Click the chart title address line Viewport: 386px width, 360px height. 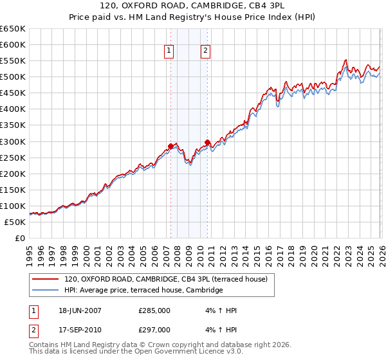click(x=192, y=5)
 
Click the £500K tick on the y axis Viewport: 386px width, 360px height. click(x=13, y=76)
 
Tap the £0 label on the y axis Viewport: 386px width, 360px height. click(x=20, y=238)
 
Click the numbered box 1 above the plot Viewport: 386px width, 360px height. click(x=169, y=51)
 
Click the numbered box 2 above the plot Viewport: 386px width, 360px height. click(x=205, y=51)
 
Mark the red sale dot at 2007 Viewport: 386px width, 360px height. click(x=170, y=146)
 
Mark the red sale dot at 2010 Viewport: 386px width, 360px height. click(x=207, y=142)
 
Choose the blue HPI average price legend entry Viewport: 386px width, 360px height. click(x=143, y=291)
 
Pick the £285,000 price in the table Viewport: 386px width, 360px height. click(x=154, y=310)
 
